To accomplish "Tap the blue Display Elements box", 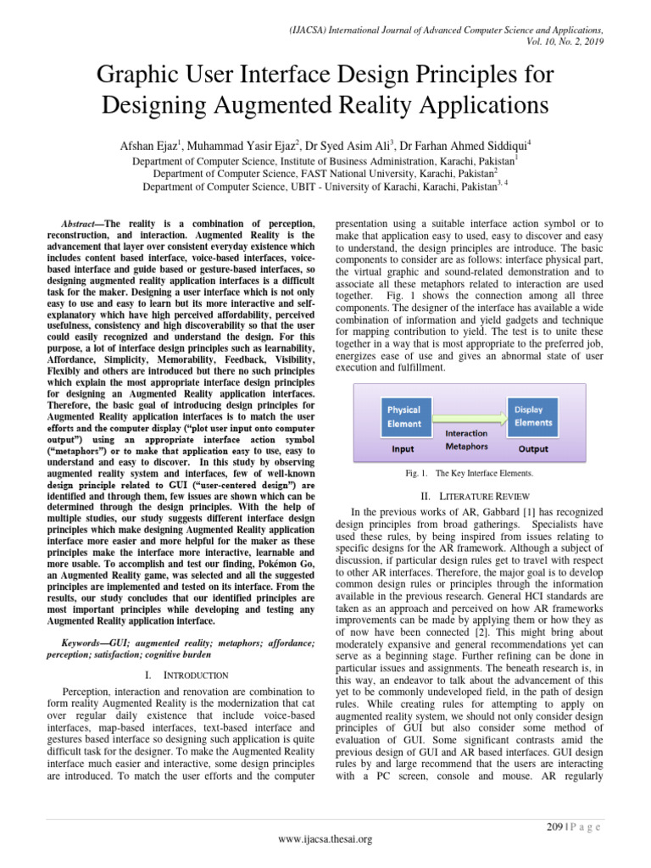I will [x=532, y=415].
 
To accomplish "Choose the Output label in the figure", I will [x=533, y=449].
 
